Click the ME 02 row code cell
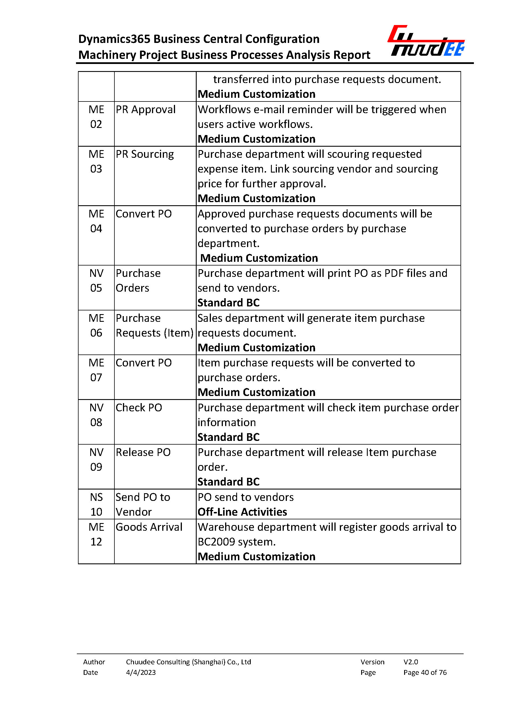tap(96, 117)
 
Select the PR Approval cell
tap(145, 110)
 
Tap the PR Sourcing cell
tap(145, 154)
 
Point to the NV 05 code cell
tap(96, 281)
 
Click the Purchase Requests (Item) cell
tap(154, 325)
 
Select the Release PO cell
tap(143, 452)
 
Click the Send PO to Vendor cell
tap(143, 504)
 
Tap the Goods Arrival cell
tap(149, 527)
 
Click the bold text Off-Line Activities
tap(242, 512)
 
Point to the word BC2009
tap(216, 542)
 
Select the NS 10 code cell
tap(96, 504)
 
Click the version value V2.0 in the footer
tap(410, 662)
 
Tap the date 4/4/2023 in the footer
tap(141, 672)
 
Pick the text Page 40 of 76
tap(425, 672)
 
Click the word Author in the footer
tap(94, 662)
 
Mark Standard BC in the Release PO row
tap(228, 482)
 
